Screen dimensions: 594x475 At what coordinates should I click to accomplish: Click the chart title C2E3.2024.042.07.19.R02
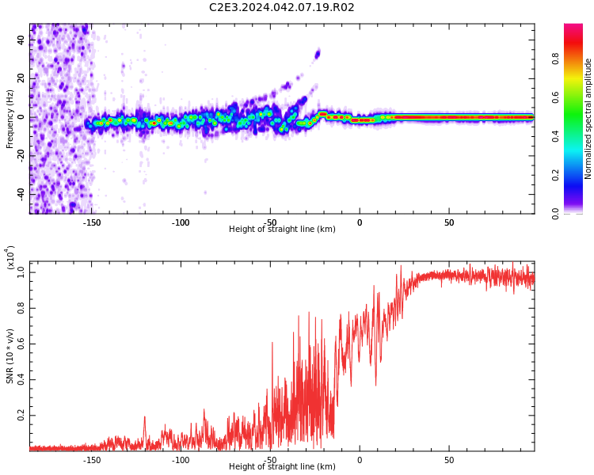(x=281, y=7)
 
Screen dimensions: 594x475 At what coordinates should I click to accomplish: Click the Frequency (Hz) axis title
(x=10, y=119)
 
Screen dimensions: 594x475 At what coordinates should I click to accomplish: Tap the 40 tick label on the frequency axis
(x=21, y=40)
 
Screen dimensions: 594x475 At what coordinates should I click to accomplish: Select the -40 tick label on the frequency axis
(x=21, y=194)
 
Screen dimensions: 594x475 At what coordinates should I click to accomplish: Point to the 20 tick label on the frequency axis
(x=21, y=78)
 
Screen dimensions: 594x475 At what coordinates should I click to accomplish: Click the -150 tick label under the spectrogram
(x=91, y=222)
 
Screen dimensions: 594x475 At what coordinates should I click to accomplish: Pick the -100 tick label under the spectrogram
(x=181, y=222)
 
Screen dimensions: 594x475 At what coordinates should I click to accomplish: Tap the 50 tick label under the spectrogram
(x=449, y=222)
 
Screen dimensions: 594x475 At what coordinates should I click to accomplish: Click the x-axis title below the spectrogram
(x=282, y=229)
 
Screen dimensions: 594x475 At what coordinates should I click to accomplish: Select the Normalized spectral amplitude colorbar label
(x=588, y=119)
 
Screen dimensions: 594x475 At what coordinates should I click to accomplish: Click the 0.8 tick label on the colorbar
(x=555, y=59)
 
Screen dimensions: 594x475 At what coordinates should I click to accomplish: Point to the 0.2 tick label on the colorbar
(x=555, y=175)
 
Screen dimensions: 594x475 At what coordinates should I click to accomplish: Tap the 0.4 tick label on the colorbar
(x=555, y=136)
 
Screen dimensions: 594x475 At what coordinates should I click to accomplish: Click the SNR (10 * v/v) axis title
(x=10, y=356)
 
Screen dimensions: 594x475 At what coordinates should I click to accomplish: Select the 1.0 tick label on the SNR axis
(x=21, y=272)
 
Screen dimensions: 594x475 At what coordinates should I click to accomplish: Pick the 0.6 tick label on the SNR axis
(x=21, y=344)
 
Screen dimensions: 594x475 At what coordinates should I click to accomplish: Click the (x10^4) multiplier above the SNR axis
(x=10, y=257)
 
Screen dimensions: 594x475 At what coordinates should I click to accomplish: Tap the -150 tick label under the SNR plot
(x=91, y=460)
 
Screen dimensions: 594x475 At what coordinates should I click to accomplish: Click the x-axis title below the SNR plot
(x=282, y=466)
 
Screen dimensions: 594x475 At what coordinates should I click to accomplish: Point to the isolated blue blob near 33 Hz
(x=318, y=54)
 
